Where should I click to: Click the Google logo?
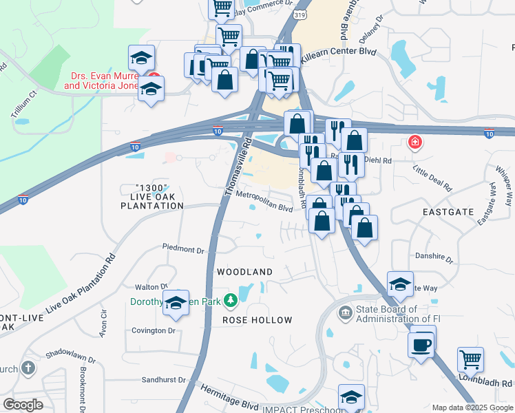point(23,404)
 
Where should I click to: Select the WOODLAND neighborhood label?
point(244,273)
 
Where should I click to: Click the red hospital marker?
point(415,143)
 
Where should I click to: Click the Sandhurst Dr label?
point(164,379)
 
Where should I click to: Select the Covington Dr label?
point(154,330)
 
